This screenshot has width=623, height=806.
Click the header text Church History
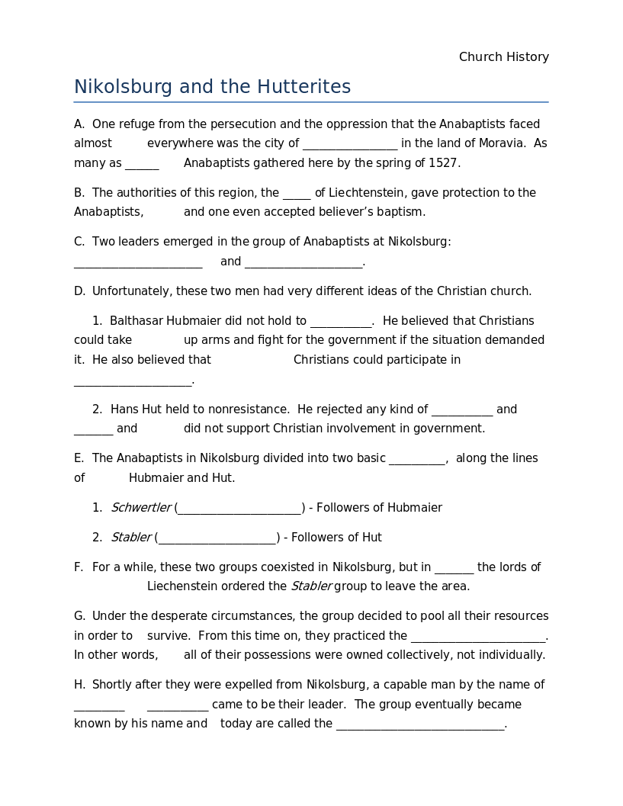click(503, 57)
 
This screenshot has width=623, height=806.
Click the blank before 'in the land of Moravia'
click(350, 144)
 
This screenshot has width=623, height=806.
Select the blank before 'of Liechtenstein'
click(297, 194)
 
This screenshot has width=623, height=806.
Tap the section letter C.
click(79, 242)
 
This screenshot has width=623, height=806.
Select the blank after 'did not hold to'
click(340, 322)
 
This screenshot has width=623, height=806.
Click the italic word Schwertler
click(141, 508)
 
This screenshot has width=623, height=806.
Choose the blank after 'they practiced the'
click(478, 637)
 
